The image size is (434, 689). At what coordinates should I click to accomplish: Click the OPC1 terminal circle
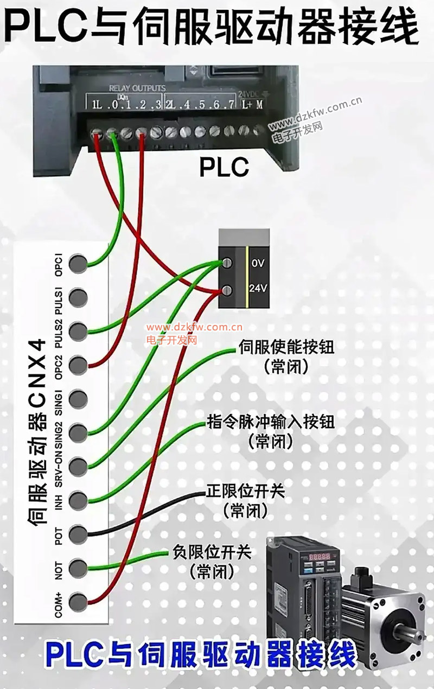[x=78, y=264]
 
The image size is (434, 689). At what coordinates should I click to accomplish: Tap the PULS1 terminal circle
[x=78, y=297]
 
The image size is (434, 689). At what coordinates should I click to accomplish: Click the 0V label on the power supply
[x=257, y=264]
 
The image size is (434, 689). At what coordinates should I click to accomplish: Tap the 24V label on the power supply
[x=258, y=288]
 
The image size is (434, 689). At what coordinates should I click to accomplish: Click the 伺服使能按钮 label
[x=286, y=348]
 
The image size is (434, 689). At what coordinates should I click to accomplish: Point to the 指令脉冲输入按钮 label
[x=271, y=422]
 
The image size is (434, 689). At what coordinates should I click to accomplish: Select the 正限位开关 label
[x=245, y=492]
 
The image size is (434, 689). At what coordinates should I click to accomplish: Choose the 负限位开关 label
[x=212, y=553]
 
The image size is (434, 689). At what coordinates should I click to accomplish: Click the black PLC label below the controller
[x=224, y=167]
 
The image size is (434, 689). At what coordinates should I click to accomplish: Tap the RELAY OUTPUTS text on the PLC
[x=137, y=88]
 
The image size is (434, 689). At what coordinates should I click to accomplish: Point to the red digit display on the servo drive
[x=320, y=557]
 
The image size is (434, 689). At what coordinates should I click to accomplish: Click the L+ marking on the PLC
[x=247, y=104]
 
